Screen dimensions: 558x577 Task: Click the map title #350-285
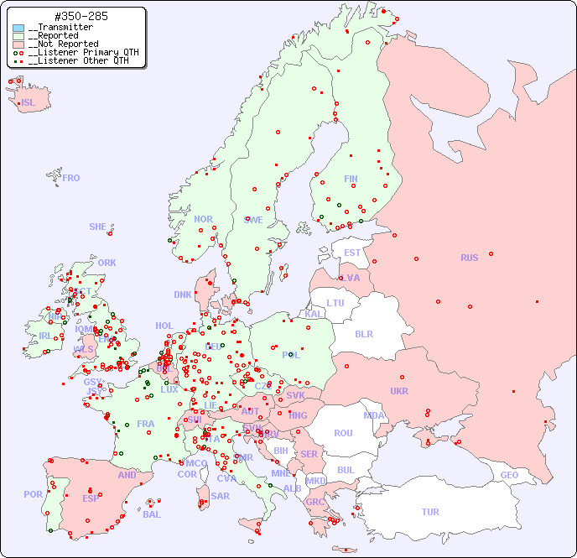[81, 16]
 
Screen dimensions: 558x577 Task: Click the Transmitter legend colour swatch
[18, 28]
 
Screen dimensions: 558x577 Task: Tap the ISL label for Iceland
[29, 103]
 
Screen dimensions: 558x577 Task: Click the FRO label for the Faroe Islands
[71, 178]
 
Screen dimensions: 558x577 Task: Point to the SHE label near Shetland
[98, 227]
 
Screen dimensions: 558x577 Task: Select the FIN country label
[351, 179]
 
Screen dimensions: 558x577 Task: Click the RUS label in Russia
[469, 258]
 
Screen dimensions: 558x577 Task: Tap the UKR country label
[398, 391]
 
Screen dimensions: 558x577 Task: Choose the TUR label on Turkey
[430, 512]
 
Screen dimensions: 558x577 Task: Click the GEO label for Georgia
[509, 475]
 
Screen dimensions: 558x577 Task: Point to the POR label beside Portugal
[33, 494]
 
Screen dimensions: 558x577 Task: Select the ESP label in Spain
[91, 498]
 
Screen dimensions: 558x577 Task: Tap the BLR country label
[363, 333]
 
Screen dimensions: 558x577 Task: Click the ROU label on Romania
[343, 433]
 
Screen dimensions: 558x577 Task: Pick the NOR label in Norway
[203, 219]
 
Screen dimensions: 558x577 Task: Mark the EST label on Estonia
[352, 253]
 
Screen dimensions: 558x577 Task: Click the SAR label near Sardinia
[221, 496]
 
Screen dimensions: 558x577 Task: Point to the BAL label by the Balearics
[151, 514]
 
